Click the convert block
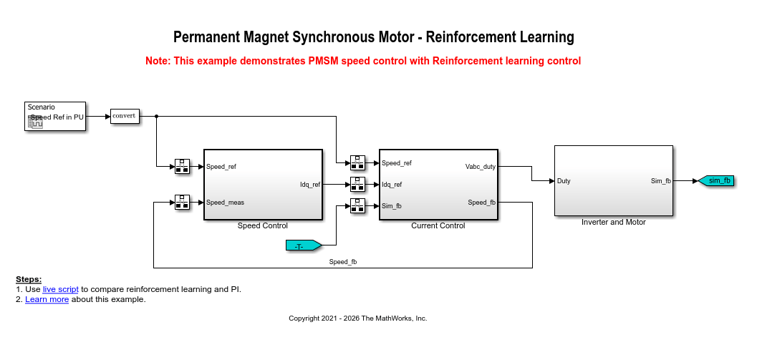pos(125,116)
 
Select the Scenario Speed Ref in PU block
pos(55,116)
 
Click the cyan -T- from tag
pos(304,245)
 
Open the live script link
pos(60,290)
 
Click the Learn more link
pos(47,299)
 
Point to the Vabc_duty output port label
pos(481,167)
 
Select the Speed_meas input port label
pos(225,203)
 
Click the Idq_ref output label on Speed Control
pos(310,185)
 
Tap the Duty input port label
pos(564,181)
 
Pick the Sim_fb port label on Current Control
pos(392,206)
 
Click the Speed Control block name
pos(263,226)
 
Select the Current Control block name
pos(438,226)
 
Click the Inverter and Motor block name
pos(614,223)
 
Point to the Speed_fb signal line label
pos(343,262)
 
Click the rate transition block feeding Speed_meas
pos(182,203)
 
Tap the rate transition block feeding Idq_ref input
pos(358,185)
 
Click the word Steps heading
pos(29,279)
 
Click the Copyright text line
pos(358,318)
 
